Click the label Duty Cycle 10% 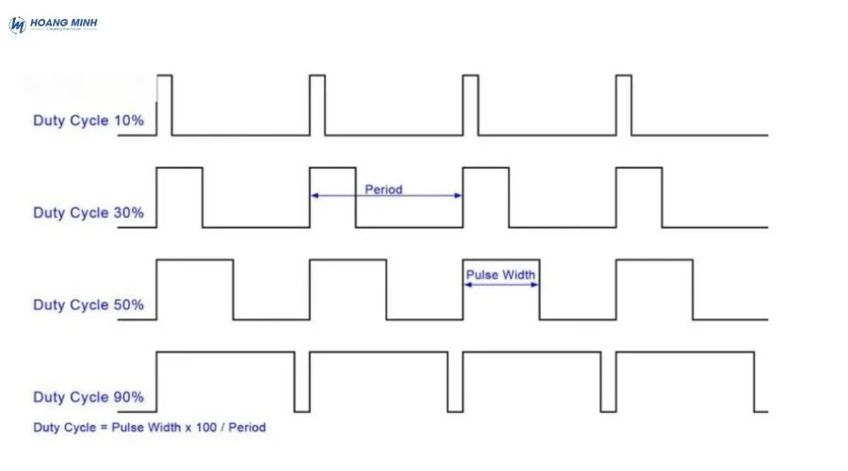click(89, 121)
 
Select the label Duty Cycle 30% click(89, 213)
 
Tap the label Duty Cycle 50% click(89, 305)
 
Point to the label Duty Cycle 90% click(89, 397)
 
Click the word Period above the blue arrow click(383, 189)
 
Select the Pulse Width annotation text click(501, 275)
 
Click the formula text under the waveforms click(150, 428)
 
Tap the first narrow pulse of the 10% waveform click(164, 104)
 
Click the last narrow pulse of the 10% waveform click(624, 104)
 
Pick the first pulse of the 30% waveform click(179, 196)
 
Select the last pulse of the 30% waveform click(639, 196)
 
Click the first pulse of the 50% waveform click(194, 288)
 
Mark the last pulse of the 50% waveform click(654, 288)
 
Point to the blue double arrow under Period click(386, 196)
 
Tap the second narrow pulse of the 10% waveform click(318, 104)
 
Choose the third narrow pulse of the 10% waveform click(470, 104)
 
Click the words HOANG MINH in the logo click(64, 22)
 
